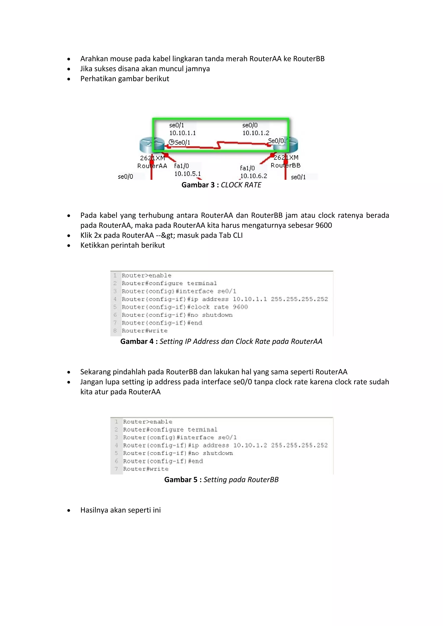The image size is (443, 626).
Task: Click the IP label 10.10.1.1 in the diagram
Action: point(183,133)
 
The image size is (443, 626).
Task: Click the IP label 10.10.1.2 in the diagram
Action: point(256,133)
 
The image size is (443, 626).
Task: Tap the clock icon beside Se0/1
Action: point(171,142)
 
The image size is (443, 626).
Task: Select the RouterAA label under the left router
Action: point(152,166)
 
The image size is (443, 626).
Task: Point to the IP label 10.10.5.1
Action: point(187,174)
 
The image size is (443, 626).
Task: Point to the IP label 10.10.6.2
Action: point(254,176)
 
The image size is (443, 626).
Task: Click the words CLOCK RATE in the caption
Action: point(241,185)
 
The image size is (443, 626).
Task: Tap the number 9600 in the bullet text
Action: point(324,225)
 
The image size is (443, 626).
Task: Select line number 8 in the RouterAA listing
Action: point(115,331)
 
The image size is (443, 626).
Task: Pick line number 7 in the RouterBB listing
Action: point(116,469)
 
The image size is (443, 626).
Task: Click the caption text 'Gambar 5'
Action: point(181,480)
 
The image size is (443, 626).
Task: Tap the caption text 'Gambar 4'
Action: point(137,341)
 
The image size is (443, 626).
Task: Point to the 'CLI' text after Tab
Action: point(238,235)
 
